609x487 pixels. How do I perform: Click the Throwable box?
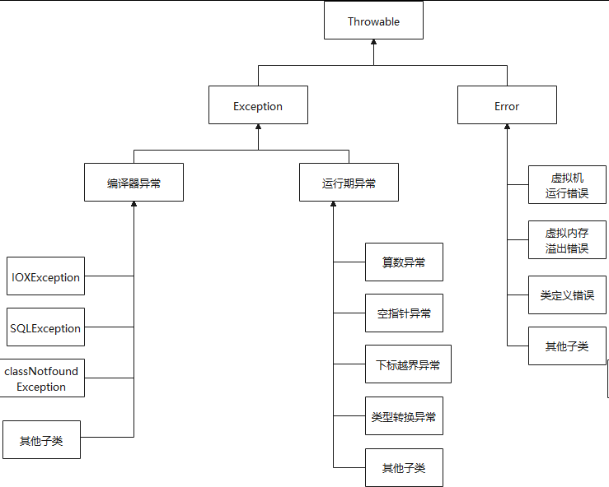373,21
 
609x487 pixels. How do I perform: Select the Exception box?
258,105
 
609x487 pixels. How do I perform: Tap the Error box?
507,105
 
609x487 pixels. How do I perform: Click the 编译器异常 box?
134,183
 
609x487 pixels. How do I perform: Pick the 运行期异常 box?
349,183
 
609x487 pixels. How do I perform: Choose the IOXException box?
45,276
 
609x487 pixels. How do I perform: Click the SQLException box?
45,327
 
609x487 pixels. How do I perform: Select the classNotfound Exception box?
41,378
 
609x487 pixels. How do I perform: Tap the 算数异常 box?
404,262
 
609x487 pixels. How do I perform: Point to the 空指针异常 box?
404,313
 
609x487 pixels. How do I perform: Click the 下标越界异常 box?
408,364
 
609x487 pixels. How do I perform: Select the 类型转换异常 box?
404,417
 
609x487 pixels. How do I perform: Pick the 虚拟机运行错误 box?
567,185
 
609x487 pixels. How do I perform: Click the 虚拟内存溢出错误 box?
567,240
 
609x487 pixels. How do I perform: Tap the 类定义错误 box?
567,295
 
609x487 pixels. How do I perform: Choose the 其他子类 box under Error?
567,346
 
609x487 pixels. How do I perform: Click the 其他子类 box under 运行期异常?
404,467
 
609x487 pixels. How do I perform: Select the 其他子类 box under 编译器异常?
41,440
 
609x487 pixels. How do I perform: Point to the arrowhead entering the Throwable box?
373,43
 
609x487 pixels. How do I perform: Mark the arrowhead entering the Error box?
507,128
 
